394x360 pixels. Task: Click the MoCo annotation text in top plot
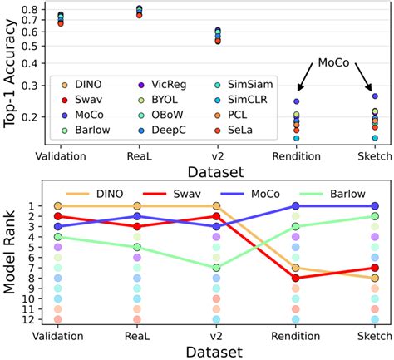[x=336, y=62]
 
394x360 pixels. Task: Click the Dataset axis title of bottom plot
[x=214, y=352]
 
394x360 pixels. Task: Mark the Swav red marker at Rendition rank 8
[x=297, y=278]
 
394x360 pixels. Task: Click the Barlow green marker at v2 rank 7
[x=217, y=268]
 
